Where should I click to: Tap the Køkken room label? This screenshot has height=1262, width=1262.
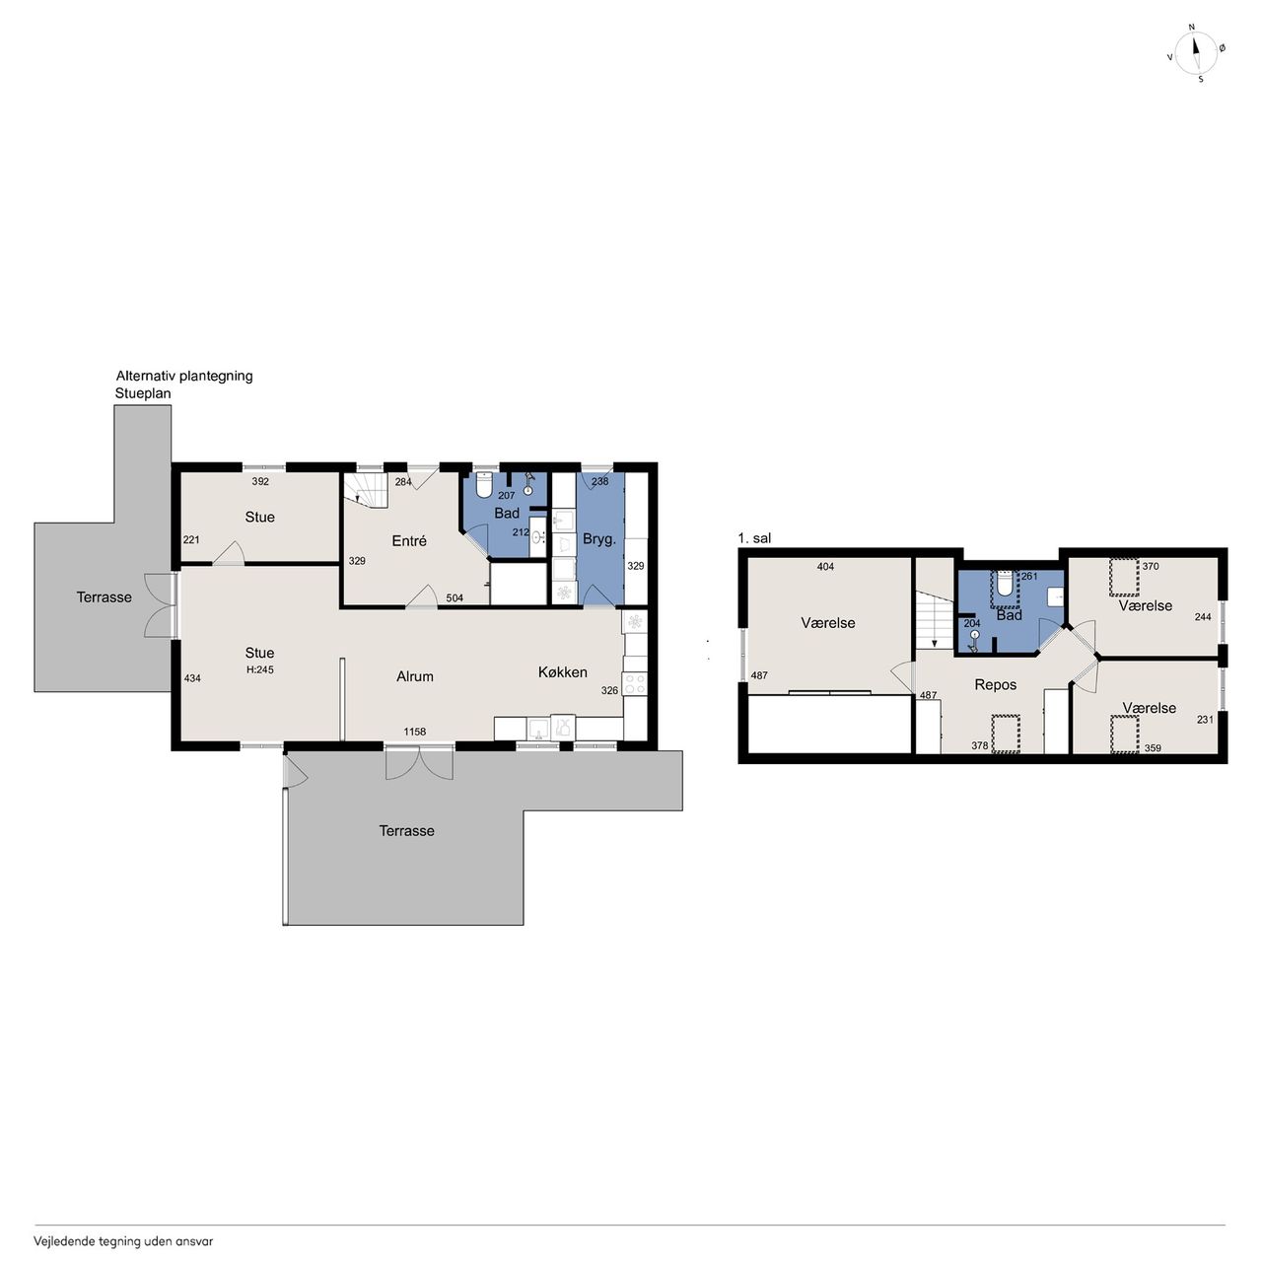click(x=563, y=672)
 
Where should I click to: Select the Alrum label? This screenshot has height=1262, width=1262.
click(x=414, y=676)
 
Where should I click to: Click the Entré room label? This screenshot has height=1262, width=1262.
click(x=408, y=541)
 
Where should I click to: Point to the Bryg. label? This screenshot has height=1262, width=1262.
click(x=599, y=539)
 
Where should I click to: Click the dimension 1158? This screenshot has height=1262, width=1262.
click(x=414, y=732)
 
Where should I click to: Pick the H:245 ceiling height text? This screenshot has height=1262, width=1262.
click(x=260, y=669)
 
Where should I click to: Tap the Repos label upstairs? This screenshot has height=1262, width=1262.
click(x=996, y=684)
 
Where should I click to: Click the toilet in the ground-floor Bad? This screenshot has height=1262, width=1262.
click(x=484, y=485)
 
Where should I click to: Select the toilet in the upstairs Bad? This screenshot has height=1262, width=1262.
click(x=1005, y=583)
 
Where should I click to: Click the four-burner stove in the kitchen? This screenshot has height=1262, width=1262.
click(x=634, y=683)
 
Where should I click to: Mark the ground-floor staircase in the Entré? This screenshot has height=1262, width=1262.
click(x=366, y=490)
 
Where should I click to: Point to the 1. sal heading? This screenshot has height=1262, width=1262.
click(x=754, y=538)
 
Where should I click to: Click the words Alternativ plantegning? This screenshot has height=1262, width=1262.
click(x=184, y=376)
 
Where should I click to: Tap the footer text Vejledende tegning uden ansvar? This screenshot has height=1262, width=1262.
click(x=123, y=1240)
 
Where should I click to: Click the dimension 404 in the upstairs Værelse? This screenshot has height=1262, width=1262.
click(x=825, y=567)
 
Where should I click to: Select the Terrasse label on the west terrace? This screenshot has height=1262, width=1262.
click(x=105, y=597)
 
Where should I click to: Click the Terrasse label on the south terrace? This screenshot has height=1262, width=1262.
click(x=406, y=831)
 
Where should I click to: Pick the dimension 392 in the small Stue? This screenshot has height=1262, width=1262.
click(x=260, y=481)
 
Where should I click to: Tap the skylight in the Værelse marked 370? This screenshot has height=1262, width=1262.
click(x=1124, y=577)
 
